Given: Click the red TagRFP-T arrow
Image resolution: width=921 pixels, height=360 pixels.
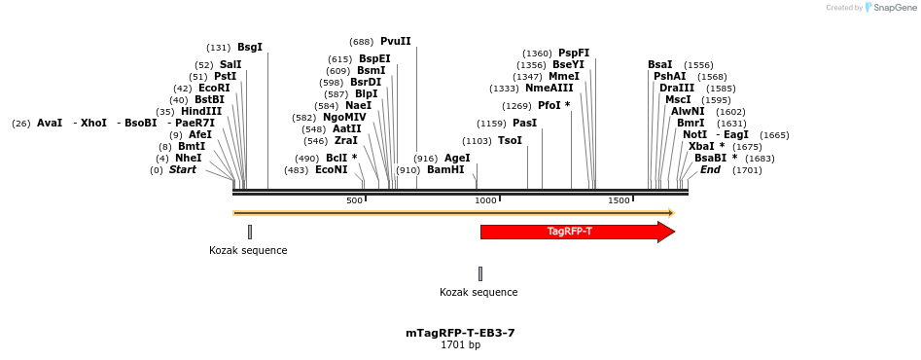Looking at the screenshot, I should [570, 232].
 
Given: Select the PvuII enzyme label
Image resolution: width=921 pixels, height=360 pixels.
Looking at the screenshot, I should [396, 42].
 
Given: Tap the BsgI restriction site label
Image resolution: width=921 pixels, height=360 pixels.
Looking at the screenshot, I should [250, 48].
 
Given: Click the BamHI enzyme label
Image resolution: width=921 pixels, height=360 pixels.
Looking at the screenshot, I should [445, 170].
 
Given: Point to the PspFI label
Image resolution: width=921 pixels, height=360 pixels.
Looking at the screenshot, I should [574, 54].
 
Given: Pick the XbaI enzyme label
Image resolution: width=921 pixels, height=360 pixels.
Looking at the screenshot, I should [701, 147].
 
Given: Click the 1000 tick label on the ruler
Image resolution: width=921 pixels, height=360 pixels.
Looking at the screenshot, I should [485, 200].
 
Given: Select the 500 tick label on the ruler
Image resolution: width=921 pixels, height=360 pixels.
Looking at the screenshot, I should [354, 200].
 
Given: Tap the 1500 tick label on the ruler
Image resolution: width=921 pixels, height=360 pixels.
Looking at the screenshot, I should [619, 200].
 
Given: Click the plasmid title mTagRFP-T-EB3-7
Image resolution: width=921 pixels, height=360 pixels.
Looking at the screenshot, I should [460, 333].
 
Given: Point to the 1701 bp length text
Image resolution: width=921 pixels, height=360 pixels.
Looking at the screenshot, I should [460, 345].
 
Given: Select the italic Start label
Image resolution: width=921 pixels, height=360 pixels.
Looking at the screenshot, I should [183, 170].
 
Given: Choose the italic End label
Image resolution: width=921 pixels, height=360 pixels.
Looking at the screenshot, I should [711, 170].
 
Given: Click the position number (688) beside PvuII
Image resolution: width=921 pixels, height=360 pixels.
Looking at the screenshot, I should [362, 42].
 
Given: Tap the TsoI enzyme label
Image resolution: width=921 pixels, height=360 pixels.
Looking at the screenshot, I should [510, 141].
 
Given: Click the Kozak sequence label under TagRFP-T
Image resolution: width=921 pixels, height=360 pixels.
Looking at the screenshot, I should [478, 292].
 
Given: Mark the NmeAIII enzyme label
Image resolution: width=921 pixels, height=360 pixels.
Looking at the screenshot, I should [549, 89].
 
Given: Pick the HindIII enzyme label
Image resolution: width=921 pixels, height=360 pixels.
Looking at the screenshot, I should [201, 112].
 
